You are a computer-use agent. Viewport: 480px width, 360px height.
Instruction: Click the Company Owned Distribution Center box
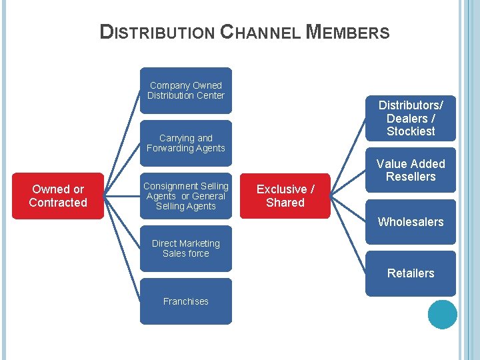[185, 90]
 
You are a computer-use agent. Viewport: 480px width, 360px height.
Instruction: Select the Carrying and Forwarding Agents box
[185, 143]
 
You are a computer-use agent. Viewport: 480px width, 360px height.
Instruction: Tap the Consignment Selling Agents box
[185, 196]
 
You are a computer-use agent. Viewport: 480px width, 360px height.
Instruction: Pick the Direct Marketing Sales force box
[185, 248]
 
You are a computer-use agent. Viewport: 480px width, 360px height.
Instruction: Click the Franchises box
[185, 301]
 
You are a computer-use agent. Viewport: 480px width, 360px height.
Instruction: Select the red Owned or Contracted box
[58, 196]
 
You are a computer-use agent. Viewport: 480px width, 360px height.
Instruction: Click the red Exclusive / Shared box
[285, 196]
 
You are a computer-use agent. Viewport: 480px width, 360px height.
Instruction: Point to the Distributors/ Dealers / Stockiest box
[411, 118]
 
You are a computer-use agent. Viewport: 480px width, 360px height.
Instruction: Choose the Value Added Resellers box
[411, 170]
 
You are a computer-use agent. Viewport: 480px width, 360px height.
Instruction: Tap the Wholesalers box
[411, 222]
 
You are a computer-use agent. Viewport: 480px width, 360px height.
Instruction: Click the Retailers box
[411, 273]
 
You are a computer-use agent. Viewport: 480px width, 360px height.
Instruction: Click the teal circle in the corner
[443, 315]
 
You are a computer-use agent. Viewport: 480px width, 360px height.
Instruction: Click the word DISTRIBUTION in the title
[157, 32]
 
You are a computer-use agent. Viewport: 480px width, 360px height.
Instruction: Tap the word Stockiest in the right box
[411, 131]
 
